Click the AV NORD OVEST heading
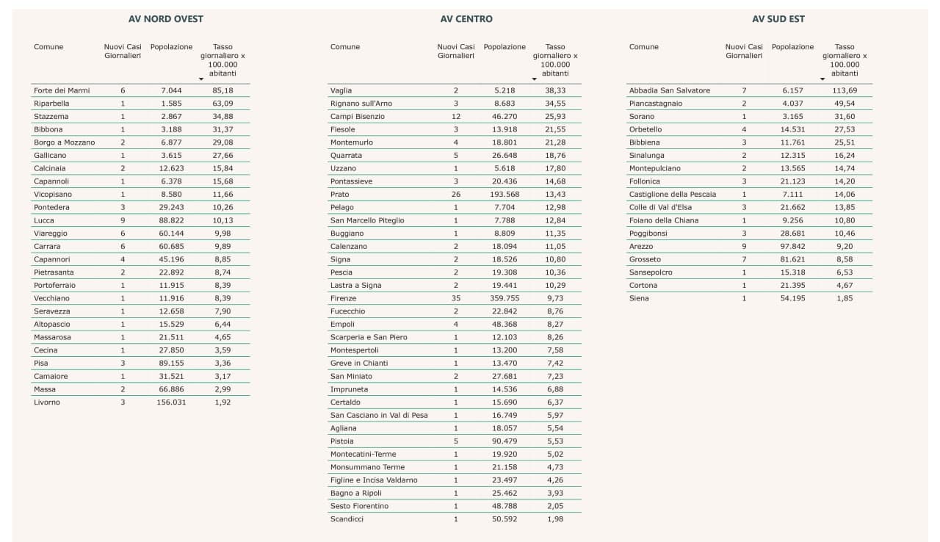[x=165, y=19]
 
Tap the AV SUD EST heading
[x=778, y=19]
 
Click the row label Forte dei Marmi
[x=62, y=90]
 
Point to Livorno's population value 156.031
[x=171, y=402]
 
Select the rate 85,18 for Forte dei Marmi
[x=223, y=90]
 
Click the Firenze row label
[x=343, y=298]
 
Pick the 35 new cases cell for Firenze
[x=455, y=298]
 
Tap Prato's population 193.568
[x=505, y=195]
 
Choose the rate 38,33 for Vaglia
[x=556, y=90]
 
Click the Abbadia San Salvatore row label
[x=669, y=90]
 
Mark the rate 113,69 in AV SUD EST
[x=845, y=90]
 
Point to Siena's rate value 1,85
[x=845, y=298]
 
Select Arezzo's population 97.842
[x=792, y=247]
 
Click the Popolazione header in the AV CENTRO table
[x=505, y=47]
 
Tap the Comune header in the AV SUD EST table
[x=644, y=47]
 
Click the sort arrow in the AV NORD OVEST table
[x=201, y=79]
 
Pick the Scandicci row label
[x=347, y=519]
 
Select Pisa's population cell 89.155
[x=171, y=364]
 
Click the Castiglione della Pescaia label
[x=672, y=195]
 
